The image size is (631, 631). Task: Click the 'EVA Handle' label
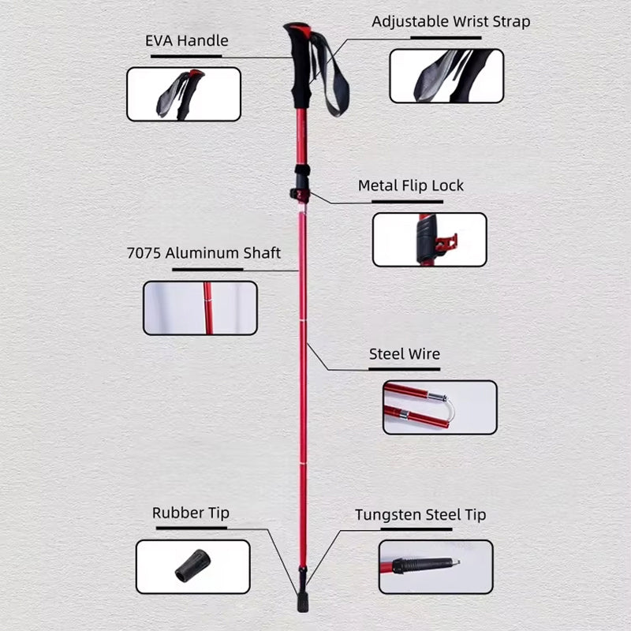pos(187,41)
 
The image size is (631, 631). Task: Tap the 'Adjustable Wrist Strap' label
pos(450,22)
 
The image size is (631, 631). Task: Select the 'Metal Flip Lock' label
pos(410,185)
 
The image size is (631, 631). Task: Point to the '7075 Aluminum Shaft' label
pos(203,253)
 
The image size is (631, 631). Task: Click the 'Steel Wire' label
pos(405,354)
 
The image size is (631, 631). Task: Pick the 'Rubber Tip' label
pos(191,513)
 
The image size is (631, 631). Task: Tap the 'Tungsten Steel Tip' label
pos(420,515)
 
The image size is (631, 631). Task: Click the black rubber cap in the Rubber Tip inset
pos(192,566)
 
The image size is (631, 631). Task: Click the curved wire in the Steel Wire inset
pos(450,409)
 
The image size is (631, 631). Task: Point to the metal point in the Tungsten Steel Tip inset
pos(456,562)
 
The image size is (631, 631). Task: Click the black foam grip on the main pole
pos(301,69)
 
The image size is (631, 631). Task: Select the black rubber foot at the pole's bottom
pos(303,603)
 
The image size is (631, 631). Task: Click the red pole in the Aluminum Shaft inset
pos(207,308)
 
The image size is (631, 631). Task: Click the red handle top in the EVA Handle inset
pos(196,74)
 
